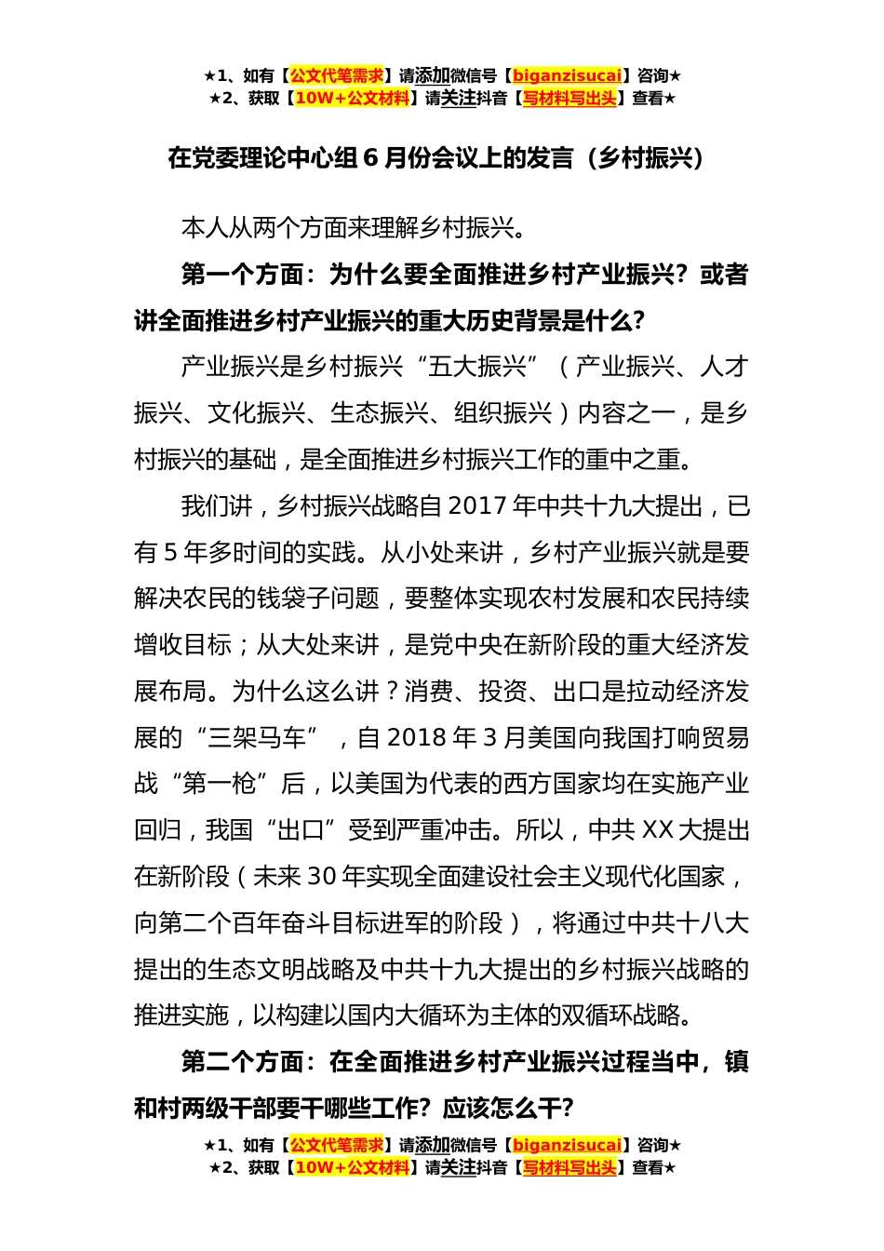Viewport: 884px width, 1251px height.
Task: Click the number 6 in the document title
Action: coord(370,159)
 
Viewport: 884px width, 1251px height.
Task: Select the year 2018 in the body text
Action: coord(417,738)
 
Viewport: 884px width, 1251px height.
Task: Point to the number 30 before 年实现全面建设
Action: coord(320,877)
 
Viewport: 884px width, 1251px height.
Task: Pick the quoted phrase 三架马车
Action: coord(257,738)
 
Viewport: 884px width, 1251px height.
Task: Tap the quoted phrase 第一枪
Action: coord(219,785)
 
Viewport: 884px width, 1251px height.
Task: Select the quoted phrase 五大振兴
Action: coord(478,367)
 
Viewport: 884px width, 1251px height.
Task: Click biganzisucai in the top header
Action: coord(567,76)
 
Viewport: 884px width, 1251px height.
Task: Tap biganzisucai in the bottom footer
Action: coord(567,1146)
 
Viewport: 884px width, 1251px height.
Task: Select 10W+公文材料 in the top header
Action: coord(352,99)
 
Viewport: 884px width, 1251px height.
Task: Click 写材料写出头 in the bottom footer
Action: coord(569,1168)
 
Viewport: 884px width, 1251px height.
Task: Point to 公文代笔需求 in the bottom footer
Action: coord(336,1146)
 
